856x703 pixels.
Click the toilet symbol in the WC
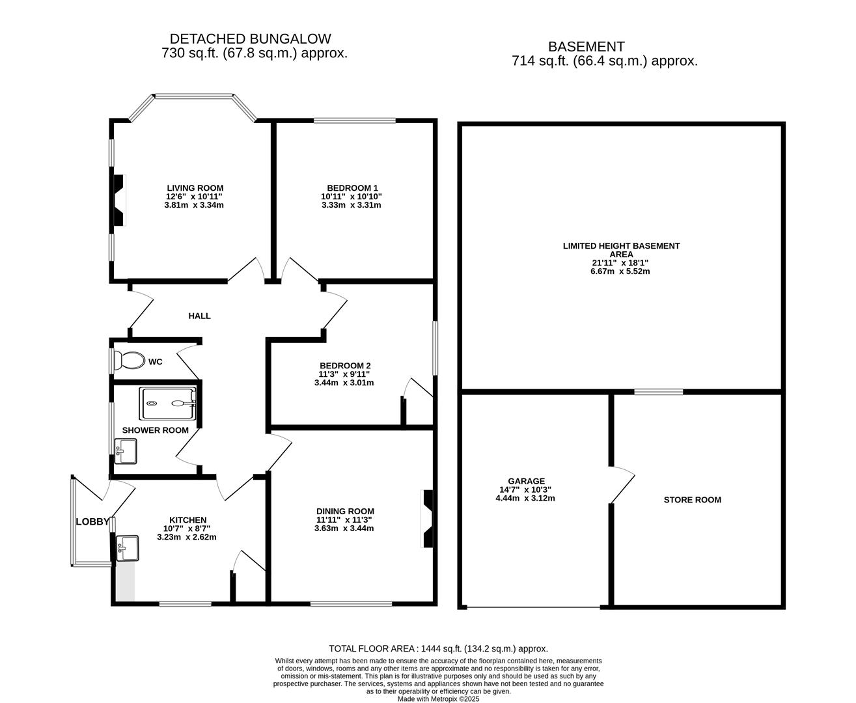(130, 360)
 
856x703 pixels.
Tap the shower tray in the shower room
(167, 404)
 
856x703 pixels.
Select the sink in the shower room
(126, 451)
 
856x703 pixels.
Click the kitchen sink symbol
(128, 548)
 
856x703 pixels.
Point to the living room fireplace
(119, 200)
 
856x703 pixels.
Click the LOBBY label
(92, 522)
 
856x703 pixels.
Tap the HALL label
(199, 316)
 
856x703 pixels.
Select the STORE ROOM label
(692, 500)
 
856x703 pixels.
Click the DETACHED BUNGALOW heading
(250, 39)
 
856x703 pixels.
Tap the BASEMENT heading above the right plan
(586, 47)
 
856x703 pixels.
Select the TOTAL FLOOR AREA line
(438, 648)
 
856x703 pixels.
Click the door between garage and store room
(622, 484)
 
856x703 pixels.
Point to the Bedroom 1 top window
(355, 120)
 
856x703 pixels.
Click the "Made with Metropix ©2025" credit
(438, 698)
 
